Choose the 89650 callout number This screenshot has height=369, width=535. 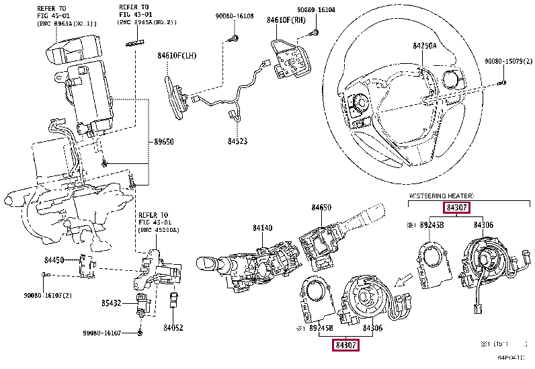164,142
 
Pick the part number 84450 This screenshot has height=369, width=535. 54,259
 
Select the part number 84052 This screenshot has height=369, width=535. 173,327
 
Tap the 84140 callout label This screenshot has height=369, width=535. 263,229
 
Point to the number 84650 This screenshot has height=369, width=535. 321,208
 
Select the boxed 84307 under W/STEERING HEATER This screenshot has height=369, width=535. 456,208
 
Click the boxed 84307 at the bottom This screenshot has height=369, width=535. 346,345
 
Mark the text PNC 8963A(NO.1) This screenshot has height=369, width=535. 67,24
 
